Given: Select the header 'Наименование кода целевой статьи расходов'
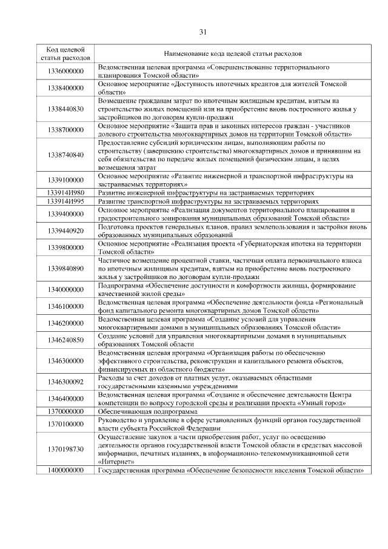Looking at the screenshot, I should point(233,53).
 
